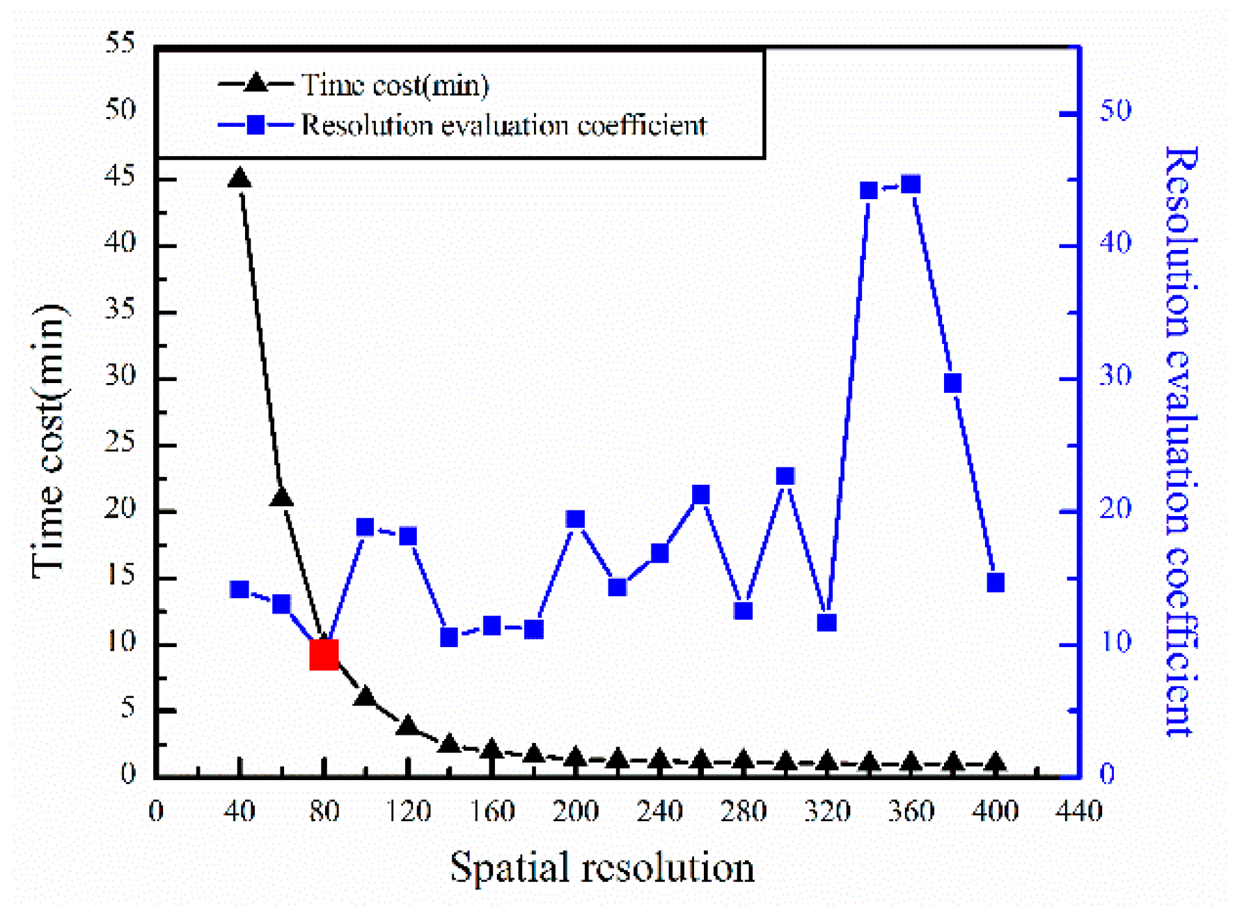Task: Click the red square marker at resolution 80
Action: tap(324, 655)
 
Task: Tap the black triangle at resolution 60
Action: tap(281, 497)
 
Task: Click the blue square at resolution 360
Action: tap(911, 185)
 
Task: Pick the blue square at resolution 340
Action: tap(868, 191)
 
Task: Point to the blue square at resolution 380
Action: tap(952, 383)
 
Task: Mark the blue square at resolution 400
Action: tap(995, 582)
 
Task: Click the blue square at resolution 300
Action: tap(785, 476)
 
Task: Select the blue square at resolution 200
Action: tap(575, 519)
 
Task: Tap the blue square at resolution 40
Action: tap(239, 590)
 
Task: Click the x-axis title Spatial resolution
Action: tap(602, 868)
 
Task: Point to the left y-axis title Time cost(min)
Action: tap(49, 442)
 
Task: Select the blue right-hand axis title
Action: tap(1181, 442)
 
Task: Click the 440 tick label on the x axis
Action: tap(1078, 811)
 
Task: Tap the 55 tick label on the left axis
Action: tap(120, 43)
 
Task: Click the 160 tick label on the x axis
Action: tap(492, 811)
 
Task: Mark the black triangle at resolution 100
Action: tap(365, 697)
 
